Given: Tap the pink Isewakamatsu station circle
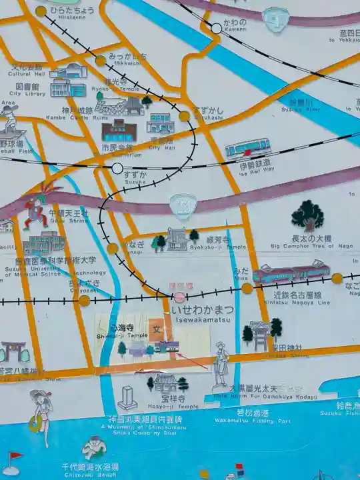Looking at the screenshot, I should pos(179,297).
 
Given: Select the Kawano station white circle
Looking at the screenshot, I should pos(217,28).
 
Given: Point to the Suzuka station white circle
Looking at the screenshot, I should pos(117,168).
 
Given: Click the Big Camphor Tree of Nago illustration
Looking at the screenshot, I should pos(307,215).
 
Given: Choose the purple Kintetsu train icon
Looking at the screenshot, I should pos(291,273).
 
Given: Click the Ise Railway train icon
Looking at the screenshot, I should pos(247,147).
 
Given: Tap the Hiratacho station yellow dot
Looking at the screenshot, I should pos(41,11).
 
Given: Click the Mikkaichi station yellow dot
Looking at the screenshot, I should pos(100,61).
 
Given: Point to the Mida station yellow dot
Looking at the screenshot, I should pos(247,288).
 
